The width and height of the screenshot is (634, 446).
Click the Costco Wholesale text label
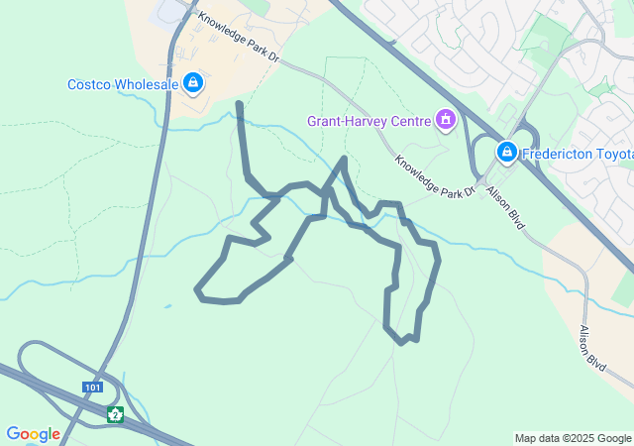point(123,84)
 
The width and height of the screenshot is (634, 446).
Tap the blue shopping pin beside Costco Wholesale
point(193,83)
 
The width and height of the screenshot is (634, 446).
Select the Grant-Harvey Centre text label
point(368,122)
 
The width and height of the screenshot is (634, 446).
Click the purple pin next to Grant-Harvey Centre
point(445,121)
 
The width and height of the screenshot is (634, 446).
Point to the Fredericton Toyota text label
point(578,153)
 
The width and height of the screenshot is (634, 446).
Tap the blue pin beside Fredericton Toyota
point(506,152)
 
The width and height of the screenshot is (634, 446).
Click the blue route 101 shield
point(93,388)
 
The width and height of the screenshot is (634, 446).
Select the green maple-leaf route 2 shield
point(116,413)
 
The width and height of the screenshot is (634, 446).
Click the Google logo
point(33,434)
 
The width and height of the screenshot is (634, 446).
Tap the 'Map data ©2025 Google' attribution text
point(573,438)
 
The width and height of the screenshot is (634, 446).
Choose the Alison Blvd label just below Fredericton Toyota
point(504,210)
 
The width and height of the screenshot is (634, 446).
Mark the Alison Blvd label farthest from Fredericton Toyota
point(592,348)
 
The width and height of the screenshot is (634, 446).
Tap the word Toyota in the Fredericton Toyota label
point(610,153)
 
